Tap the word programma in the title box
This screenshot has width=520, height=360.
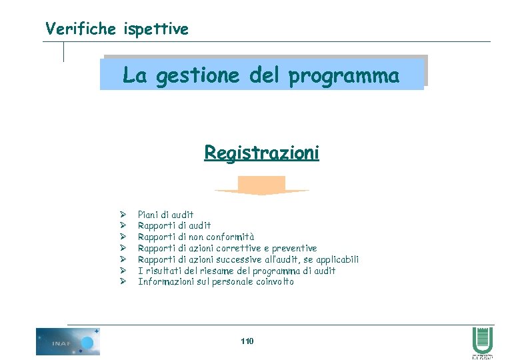[x=344, y=77]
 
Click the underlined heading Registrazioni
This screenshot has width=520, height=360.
[x=261, y=153]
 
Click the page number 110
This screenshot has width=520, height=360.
[x=247, y=341]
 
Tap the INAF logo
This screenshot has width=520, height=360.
[x=68, y=341]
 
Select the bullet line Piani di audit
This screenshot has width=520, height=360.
[x=165, y=215]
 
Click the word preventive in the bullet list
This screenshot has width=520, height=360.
[x=293, y=248]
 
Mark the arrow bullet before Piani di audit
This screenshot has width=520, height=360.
[x=123, y=215]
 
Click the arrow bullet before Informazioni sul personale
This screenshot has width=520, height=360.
[x=123, y=281]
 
